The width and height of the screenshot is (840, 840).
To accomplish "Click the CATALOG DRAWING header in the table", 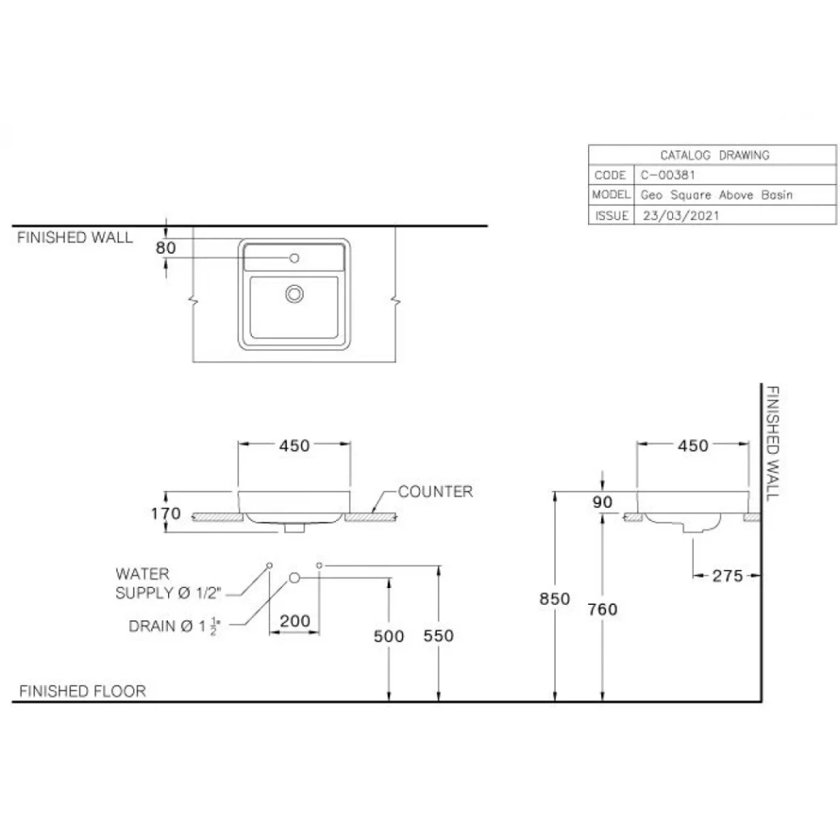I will click(714, 155).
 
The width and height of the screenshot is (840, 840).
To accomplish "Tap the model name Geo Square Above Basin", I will click(716, 195).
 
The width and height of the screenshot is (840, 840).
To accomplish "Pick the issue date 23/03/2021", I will click(680, 216).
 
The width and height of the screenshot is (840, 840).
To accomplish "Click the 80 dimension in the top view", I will click(165, 248).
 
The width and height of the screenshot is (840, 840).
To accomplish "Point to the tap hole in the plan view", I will click(294, 258).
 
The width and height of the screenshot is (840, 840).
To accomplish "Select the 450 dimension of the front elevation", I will click(294, 445).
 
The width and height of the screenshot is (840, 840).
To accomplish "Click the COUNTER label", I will click(435, 491).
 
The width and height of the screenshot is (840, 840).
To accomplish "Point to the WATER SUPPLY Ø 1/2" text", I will click(167, 583).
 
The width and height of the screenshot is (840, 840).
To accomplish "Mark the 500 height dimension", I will click(388, 636).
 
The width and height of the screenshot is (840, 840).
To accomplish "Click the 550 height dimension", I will click(439, 636).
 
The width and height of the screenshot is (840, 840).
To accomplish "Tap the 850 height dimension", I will click(555, 598).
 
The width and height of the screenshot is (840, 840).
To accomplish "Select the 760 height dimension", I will click(603, 609).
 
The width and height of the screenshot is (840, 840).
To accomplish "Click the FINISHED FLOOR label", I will click(82, 691).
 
